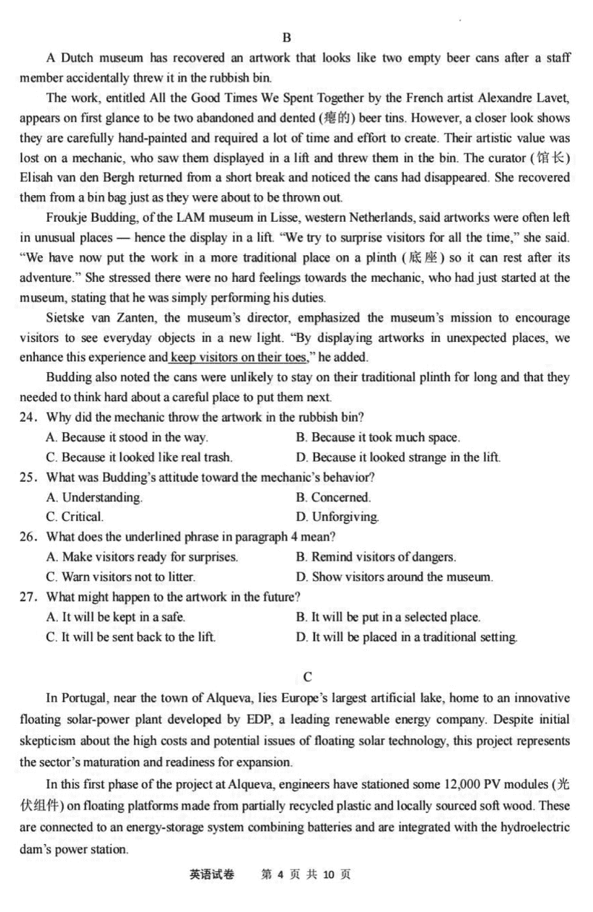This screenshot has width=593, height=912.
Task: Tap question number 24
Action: (30, 417)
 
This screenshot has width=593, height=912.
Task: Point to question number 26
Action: (30, 537)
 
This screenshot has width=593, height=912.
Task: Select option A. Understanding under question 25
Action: (94, 498)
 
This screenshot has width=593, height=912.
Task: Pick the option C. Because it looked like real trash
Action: (139, 457)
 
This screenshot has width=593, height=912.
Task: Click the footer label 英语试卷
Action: (211, 875)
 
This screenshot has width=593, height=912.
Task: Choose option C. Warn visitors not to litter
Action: (120, 577)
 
